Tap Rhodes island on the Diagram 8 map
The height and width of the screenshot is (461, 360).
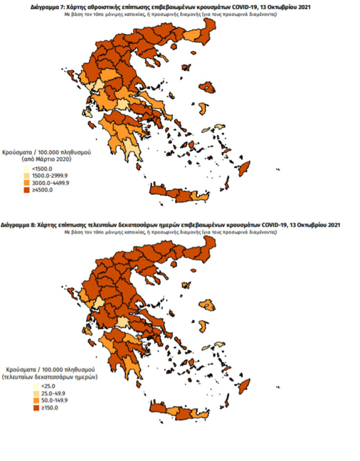click(x=244, y=384)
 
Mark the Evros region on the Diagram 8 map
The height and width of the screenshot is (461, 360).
click(x=209, y=245)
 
